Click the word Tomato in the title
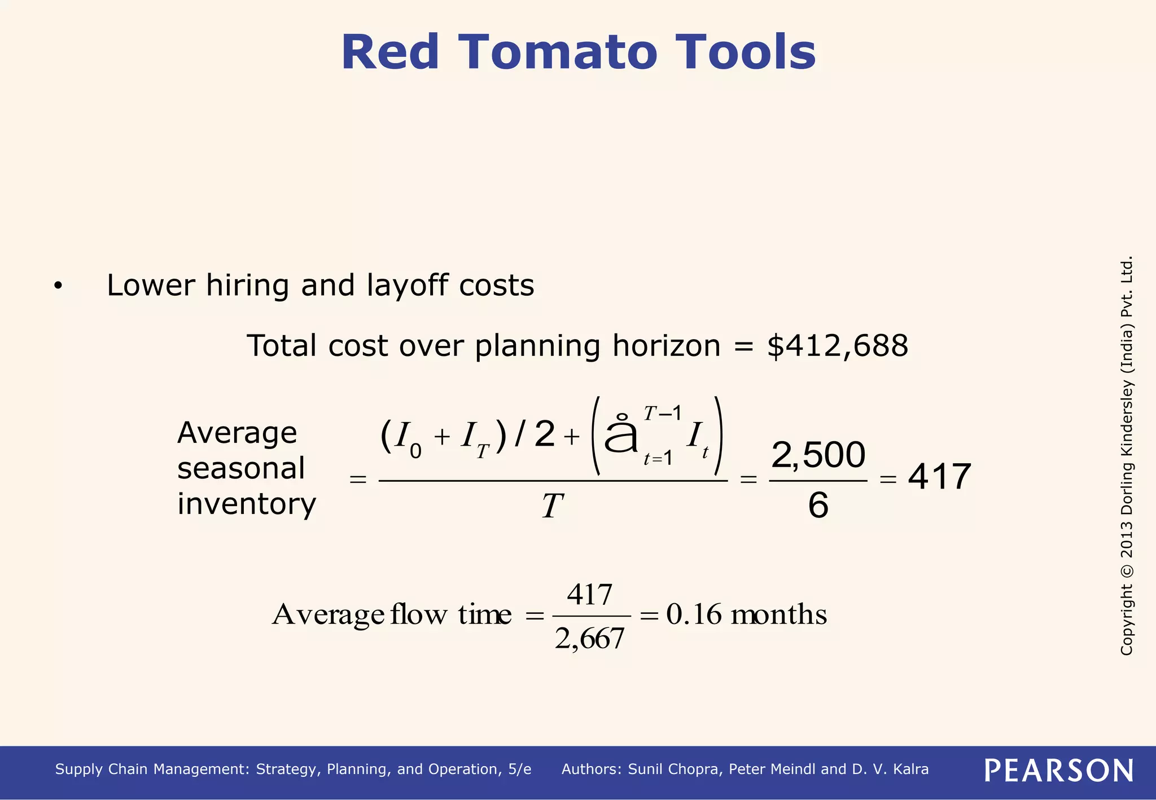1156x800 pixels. click(559, 52)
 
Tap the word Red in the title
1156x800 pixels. click(389, 52)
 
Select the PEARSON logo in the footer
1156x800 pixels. click(1059, 770)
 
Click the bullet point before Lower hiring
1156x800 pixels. click(58, 287)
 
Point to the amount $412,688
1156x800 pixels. click(838, 346)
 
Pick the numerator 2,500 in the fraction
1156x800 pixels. click(818, 455)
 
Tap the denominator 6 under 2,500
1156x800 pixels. click(818, 505)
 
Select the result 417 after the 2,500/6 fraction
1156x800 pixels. click(939, 477)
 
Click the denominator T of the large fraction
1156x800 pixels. click(552, 506)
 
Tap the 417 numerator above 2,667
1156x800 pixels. click(590, 595)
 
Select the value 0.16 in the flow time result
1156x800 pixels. click(694, 614)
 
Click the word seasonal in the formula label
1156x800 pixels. click(241, 468)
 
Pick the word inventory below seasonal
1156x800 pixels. click(247, 504)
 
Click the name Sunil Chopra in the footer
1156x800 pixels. click(675, 770)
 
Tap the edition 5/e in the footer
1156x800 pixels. click(519, 770)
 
